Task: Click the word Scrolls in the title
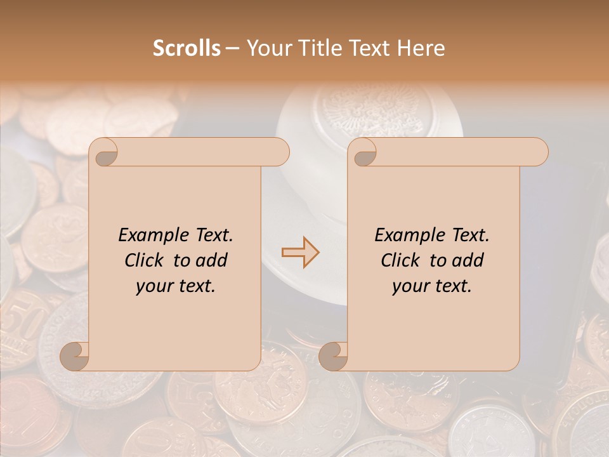click(x=187, y=48)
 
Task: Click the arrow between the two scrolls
click(x=301, y=252)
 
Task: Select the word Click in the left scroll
click(x=145, y=260)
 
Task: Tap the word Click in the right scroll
click(x=402, y=260)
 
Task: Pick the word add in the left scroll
click(x=211, y=260)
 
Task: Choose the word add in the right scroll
click(x=467, y=260)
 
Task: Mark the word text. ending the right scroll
click(x=452, y=286)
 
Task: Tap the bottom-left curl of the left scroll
click(x=75, y=356)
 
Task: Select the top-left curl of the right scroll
click(x=363, y=152)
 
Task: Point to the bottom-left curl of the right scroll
click(x=333, y=356)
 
